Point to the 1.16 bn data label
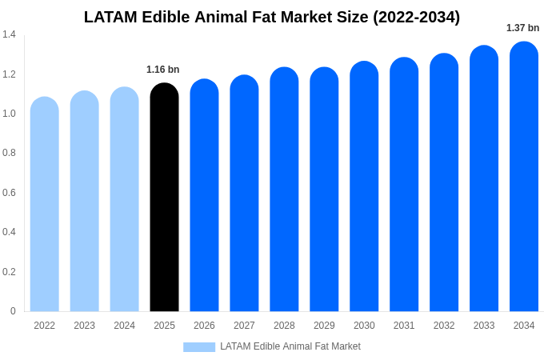click(162, 70)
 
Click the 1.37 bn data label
click(522, 28)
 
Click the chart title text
click(272, 17)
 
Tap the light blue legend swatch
click(198, 347)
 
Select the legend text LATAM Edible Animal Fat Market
click(290, 346)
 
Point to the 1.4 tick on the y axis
click(9, 34)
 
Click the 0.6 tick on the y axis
click(9, 193)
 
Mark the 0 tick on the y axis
click(13, 311)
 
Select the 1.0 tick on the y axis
click(9, 114)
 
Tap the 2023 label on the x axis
click(84, 326)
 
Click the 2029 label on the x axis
click(324, 326)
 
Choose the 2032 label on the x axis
click(444, 326)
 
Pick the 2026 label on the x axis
click(204, 326)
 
